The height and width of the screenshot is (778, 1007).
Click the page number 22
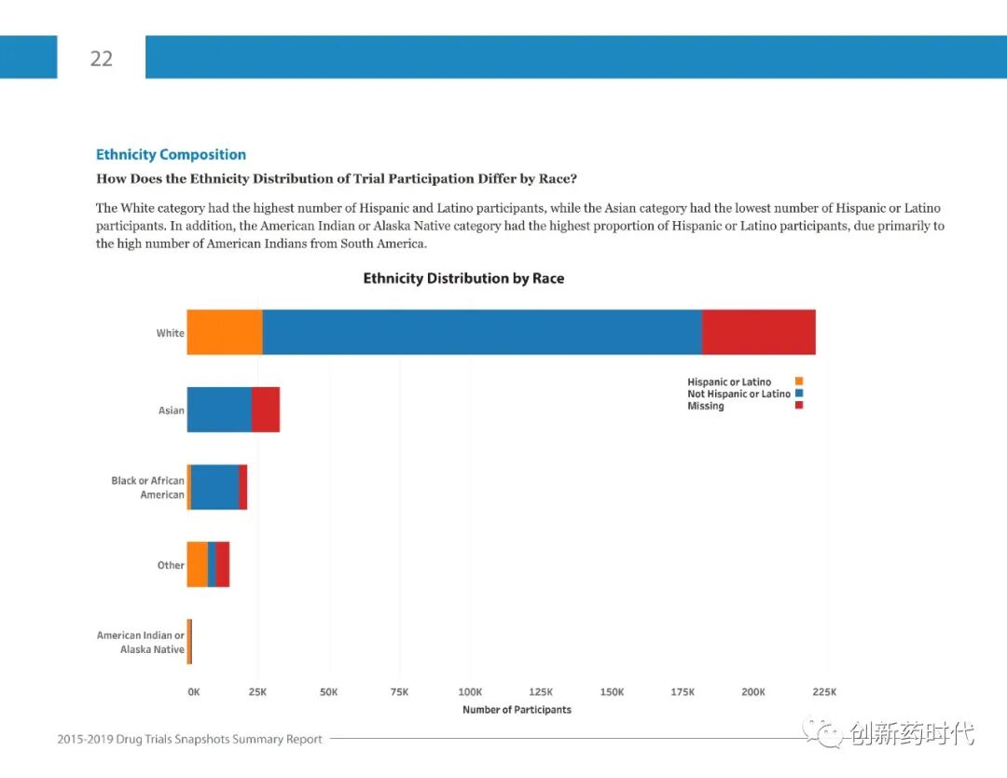click(101, 58)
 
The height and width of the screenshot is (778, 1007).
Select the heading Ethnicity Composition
click(171, 155)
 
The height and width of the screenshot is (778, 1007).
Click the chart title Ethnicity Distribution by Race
click(463, 278)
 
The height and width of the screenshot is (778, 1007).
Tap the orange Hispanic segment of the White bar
click(225, 332)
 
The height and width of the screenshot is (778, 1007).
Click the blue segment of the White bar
click(482, 332)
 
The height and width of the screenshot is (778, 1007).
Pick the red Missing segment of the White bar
click(759, 332)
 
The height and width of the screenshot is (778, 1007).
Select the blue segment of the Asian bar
click(219, 410)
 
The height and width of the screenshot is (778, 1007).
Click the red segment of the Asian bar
click(266, 410)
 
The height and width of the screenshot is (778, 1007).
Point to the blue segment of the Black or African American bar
click(214, 487)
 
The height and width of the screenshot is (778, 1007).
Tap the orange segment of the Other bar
click(197, 564)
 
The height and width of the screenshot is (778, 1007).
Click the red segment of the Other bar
click(223, 564)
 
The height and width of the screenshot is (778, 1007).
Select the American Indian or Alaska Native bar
click(189, 642)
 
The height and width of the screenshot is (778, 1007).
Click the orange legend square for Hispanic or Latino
click(799, 382)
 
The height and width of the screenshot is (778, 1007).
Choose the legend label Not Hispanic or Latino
click(738, 394)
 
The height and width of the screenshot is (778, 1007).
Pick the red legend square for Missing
click(799, 406)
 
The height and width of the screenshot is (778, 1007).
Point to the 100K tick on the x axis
click(470, 692)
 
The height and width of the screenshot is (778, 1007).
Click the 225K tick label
click(824, 692)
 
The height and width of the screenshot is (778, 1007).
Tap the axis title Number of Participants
click(517, 710)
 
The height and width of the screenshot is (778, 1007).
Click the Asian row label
click(172, 410)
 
